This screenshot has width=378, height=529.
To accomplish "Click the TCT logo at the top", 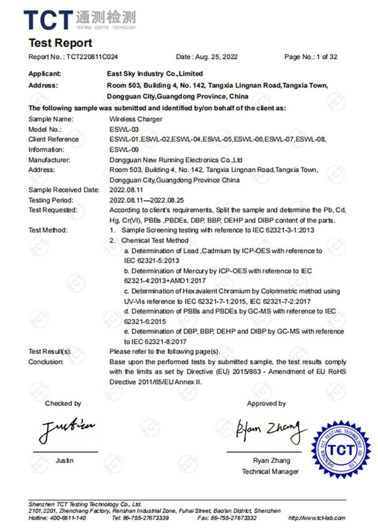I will point(79,19).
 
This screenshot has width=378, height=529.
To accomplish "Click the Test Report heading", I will point(60,43).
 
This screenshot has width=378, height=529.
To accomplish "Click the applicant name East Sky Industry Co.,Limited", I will point(156,73).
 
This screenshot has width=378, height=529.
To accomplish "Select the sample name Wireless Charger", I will point(133,119).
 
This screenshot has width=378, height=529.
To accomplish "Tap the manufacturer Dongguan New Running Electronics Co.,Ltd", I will point(176,160).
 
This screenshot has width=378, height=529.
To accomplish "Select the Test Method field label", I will point(48,230).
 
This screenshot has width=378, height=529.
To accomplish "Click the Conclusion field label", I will point(46,362).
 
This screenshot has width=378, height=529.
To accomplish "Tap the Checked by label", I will point(63,403).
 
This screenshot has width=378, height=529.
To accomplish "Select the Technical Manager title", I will point(270,471).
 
